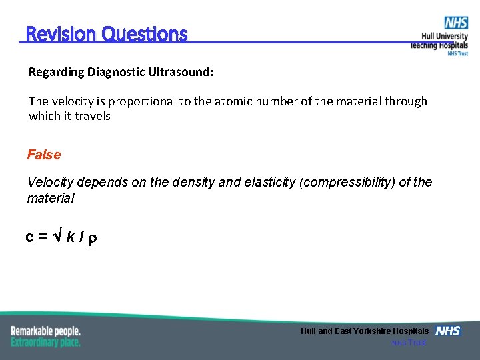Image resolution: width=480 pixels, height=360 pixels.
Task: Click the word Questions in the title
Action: point(145,34)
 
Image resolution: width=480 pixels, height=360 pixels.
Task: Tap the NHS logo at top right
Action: point(456,23)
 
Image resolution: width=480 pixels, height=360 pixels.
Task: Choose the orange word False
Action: point(43,155)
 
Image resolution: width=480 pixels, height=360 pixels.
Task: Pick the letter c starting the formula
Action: point(30,237)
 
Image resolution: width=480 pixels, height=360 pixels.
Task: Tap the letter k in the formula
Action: point(70,237)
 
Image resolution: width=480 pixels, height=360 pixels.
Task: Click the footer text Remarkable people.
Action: point(45,331)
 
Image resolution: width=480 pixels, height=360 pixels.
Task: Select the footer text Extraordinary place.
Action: point(45,342)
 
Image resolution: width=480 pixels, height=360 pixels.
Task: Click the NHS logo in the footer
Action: point(447,331)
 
